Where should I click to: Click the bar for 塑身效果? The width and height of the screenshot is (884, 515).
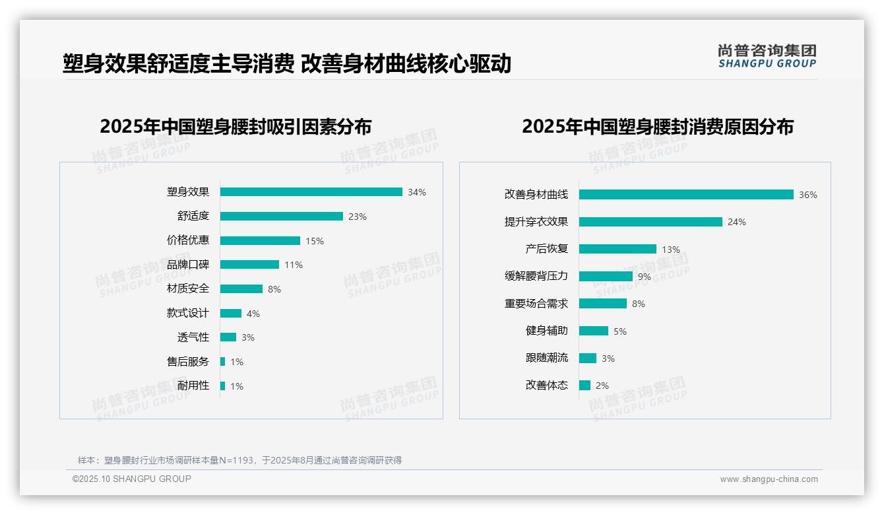point(311,192)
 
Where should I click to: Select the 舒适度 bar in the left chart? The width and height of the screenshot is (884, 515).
point(281,217)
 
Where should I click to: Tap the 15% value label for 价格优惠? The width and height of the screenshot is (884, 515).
point(315,241)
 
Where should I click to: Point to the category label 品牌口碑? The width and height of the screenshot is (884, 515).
point(188,265)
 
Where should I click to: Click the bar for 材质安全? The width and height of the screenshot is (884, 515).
point(241,289)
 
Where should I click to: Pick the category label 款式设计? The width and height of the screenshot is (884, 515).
point(188,313)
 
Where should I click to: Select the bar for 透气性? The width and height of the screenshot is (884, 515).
point(228,337)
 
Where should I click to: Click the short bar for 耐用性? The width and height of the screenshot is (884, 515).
point(222,386)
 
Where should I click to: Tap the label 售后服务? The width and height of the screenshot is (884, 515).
point(188,362)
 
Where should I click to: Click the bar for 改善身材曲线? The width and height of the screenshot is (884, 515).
point(686,195)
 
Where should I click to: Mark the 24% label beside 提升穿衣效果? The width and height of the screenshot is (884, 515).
point(737,223)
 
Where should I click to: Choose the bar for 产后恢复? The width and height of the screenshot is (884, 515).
point(617,249)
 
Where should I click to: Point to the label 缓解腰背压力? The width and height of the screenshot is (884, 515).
point(536,277)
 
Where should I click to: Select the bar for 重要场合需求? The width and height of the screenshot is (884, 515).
point(602,304)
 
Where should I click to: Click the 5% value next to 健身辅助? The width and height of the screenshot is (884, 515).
point(620,331)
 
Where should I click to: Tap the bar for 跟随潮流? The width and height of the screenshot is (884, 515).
point(587,358)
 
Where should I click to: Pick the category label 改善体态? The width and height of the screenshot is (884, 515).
point(547,386)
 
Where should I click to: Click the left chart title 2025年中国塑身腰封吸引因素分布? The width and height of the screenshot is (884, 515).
point(236,127)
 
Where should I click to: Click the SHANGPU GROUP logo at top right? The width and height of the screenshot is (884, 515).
point(767,56)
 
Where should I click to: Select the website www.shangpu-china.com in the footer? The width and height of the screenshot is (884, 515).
point(769,479)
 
